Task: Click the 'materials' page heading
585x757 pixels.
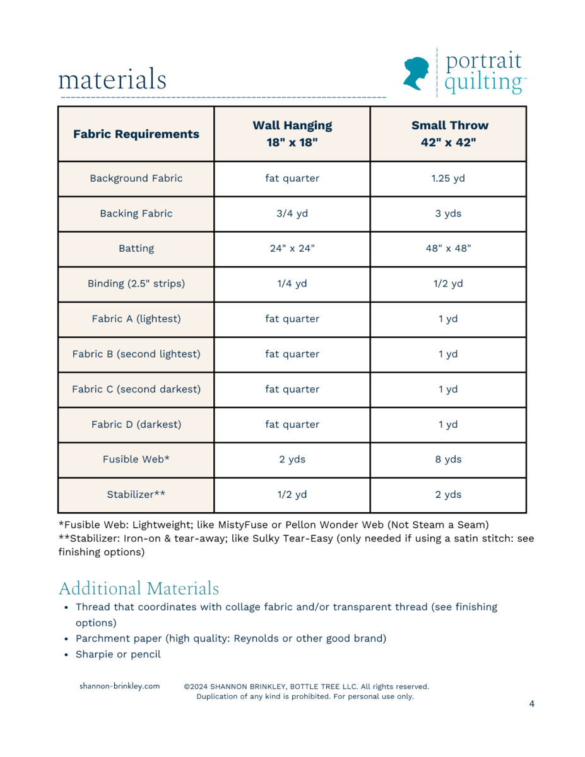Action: [112, 80]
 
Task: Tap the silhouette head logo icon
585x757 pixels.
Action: [417, 73]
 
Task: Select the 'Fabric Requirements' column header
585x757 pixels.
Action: [136, 134]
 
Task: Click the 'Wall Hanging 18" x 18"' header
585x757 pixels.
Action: [292, 133]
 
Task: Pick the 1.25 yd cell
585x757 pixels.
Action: [448, 179]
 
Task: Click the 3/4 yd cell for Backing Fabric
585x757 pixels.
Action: [292, 213]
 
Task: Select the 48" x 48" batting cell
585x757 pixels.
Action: [448, 249]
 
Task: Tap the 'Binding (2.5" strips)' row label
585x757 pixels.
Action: [136, 284]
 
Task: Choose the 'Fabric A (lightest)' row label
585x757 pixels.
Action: [136, 319]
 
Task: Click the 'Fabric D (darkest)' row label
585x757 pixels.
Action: [136, 425]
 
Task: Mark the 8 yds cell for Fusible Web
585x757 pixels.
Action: [448, 459]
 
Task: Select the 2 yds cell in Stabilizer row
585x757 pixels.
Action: [448, 495]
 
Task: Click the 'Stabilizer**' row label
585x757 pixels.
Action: [136, 495]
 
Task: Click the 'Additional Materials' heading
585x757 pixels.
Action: [139, 589]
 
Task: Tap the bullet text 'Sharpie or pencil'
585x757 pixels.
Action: [118, 654]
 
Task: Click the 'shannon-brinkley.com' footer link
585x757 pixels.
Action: [119, 686]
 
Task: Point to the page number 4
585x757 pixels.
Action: [531, 704]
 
